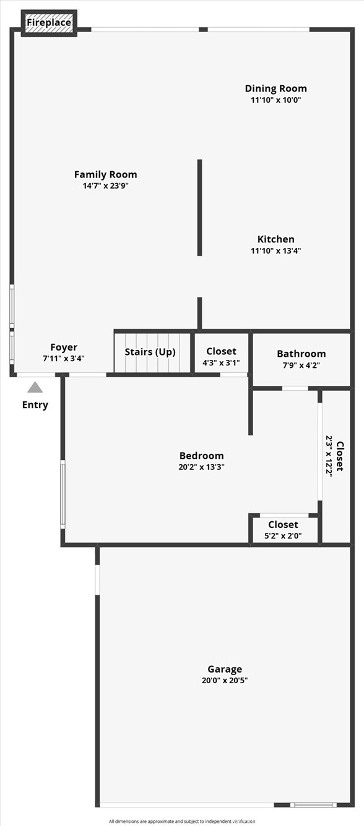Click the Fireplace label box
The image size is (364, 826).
pyautogui.click(x=49, y=23)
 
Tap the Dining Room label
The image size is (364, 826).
pyautogui.click(x=275, y=88)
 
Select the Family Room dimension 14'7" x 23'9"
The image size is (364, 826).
pyautogui.click(x=105, y=185)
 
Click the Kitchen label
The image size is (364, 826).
pyautogui.click(x=275, y=239)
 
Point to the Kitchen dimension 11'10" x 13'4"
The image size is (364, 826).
pyautogui.click(x=275, y=251)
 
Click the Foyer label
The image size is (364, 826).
pyautogui.click(x=64, y=347)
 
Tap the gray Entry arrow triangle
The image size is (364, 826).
pyautogui.click(x=35, y=388)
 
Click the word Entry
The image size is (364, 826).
pyautogui.click(x=35, y=405)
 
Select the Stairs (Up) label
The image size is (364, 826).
pyautogui.click(x=150, y=352)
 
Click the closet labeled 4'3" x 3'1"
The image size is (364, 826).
pyautogui.click(x=221, y=357)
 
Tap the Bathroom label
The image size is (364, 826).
pyautogui.click(x=301, y=354)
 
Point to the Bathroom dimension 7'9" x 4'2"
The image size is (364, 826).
pyautogui.click(x=301, y=365)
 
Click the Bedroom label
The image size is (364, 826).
pyautogui.click(x=201, y=456)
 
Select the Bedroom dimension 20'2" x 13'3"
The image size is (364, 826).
pyautogui.click(x=201, y=467)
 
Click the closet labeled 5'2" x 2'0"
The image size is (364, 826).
pyautogui.click(x=283, y=530)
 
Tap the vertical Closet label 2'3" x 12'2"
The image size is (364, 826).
pyautogui.click(x=335, y=454)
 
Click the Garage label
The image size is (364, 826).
pyautogui.click(x=224, y=669)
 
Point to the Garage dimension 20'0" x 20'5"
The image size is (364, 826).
pyautogui.click(x=224, y=680)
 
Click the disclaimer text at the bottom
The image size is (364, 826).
pyautogui.click(x=182, y=821)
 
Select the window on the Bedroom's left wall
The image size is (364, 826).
pyautogui.click(x=63, y=494)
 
